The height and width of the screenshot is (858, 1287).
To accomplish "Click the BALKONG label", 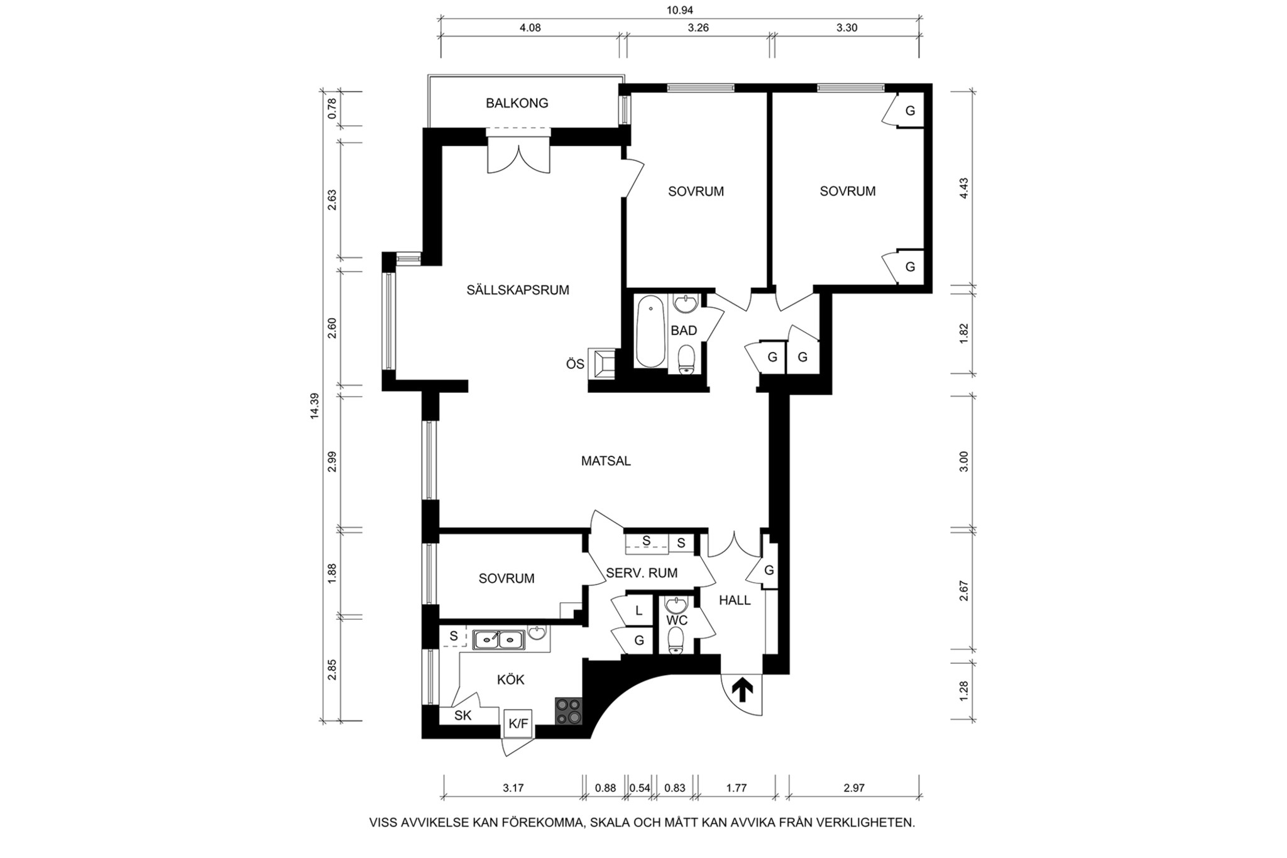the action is point(517,103).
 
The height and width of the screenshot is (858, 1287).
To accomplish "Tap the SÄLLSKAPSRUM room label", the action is point(518,290).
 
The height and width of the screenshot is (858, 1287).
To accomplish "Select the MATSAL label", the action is point(606,461).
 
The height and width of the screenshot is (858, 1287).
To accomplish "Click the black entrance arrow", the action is point(742,689).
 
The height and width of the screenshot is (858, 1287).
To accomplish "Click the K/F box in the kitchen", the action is point(518,723).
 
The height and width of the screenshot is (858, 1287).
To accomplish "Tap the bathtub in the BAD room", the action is point(650,331).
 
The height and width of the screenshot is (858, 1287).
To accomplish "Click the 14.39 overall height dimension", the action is point(314,406).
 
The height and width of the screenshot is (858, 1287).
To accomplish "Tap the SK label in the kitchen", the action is point(463,715).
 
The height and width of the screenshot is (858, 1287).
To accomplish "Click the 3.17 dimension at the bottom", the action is point(513,788).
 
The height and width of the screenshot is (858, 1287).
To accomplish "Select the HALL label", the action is point(735,600).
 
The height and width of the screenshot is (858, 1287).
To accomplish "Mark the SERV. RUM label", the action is point(642,573).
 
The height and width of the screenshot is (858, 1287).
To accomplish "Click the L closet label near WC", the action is point(639,610).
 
